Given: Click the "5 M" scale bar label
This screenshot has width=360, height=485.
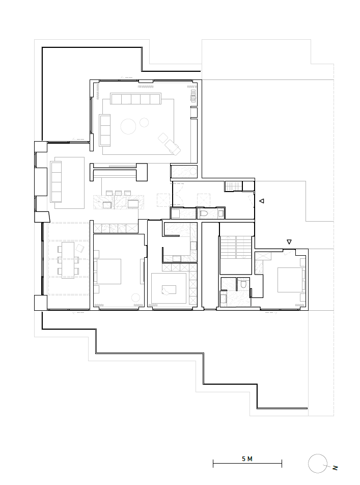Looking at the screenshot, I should pyautogui.click(x=247, y=459).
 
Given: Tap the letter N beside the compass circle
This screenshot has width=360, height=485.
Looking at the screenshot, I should pyautogui.click(x=335, y=467).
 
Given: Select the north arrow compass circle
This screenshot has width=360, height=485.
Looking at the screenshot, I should pyautogui.click(x=318, y=464).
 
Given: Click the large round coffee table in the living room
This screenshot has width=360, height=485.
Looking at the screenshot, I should pyautogui.click(x=128, y=125).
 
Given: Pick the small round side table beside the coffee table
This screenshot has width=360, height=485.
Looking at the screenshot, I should pyautogui.click(x=145, y=122).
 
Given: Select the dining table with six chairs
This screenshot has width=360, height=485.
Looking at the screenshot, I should pyautogui.click(x=68, y=260).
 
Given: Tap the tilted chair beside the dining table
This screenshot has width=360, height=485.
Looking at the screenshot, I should pyautogui.click(x=80, y=249).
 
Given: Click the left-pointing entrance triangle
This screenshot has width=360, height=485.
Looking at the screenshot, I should pyautogui.click(x=261, y=202).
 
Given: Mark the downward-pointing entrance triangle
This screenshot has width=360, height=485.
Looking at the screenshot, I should pyautogui.click(x=289, y=242).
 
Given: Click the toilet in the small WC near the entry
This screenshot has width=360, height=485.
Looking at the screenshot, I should pyautogui.click(x=204, y=214).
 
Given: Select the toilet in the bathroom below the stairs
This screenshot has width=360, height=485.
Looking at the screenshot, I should pyautogui.click(x=243, y=283).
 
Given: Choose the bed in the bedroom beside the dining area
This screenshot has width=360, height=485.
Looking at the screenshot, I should pyautogui.click(x=108, y=271).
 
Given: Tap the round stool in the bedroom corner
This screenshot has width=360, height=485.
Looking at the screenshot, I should pyautogui.click(x=135, y=298).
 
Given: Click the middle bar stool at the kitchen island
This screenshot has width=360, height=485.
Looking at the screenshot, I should pyautogui.click(x=118, y=192).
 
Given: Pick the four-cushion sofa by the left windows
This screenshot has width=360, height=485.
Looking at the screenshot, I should pyautogui.click(x=56, y=181).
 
